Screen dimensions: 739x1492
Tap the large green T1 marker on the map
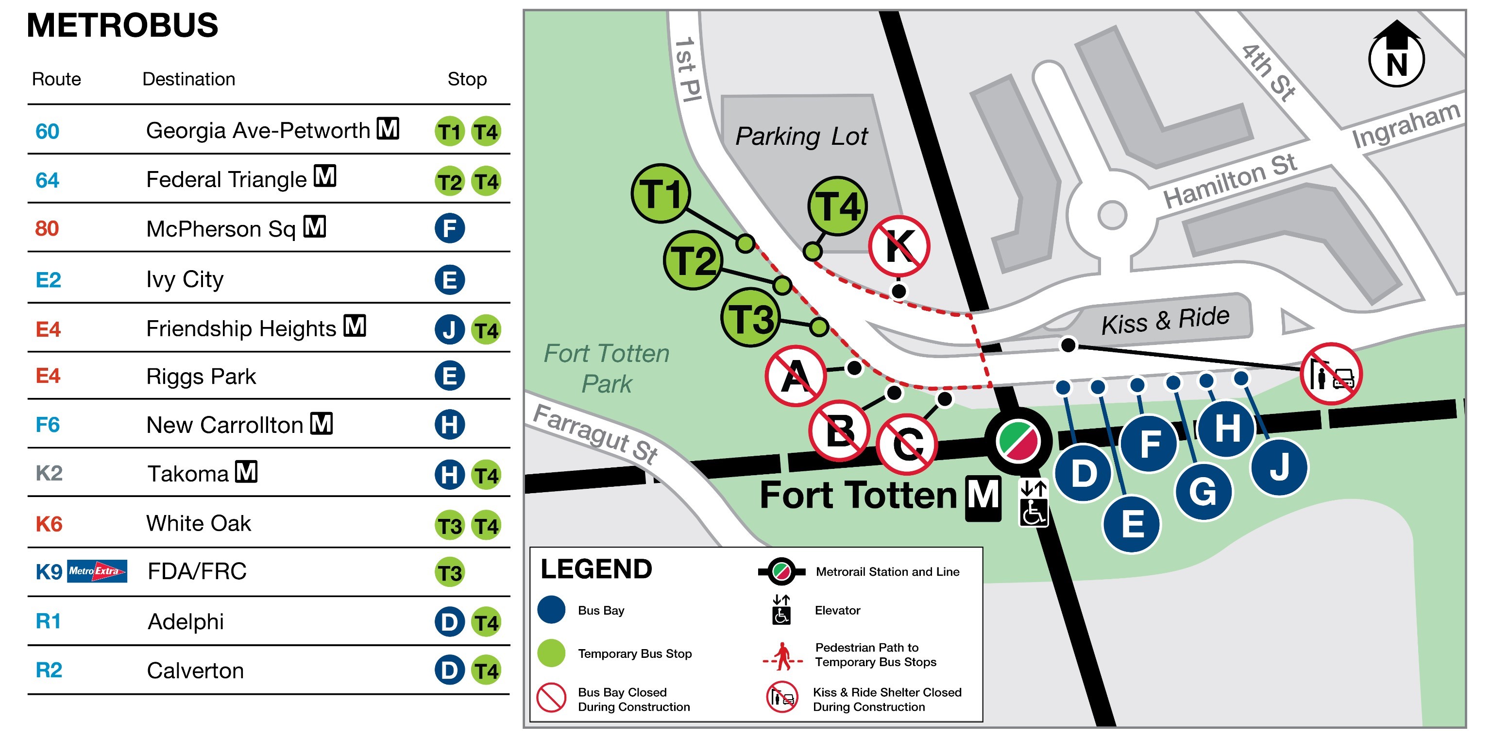tap(661, 193)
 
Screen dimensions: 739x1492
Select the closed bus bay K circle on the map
tap(899, 246)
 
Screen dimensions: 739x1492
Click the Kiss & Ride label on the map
tap(1165, 320)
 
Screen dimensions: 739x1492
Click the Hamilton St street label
tap(1230, 181)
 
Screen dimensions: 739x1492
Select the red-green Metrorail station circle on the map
tap(1017, 441)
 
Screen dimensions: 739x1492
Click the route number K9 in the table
tap(49, 572)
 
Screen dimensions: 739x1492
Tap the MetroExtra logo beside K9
tap(97, 571)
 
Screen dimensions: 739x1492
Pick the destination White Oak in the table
tap(198, 523)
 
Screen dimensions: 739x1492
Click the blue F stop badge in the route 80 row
tap(449, 228)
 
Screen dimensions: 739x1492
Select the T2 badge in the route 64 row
tap(449, 181)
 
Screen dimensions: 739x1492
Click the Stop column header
tap(467, 79)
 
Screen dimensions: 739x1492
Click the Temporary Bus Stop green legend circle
tap(551, 653)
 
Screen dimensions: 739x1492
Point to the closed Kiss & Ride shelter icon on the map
tap(1331, 374)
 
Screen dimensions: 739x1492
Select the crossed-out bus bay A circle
tap(795, 376)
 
